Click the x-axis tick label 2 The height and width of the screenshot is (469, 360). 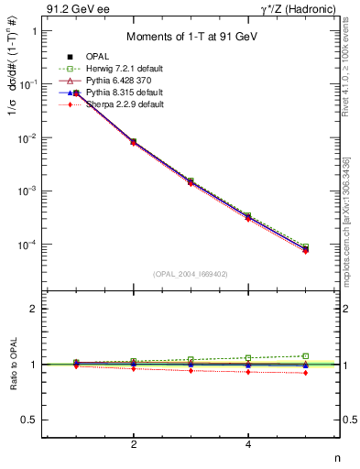134,444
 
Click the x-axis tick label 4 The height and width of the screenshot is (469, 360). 248,444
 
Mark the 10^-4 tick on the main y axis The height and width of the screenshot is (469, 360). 26,245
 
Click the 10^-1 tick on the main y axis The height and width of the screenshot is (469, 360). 26,84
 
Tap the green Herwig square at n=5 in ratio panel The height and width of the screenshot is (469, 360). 305,355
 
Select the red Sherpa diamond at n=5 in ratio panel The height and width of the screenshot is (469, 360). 305,373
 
